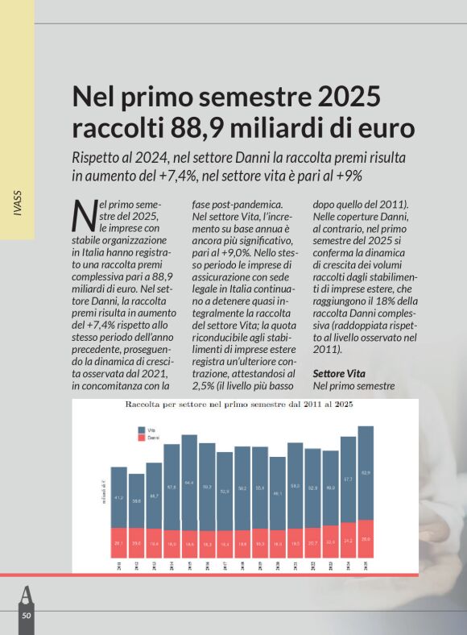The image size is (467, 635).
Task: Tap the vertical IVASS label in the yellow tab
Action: point(17,205)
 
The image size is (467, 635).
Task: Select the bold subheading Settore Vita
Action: point(339,374)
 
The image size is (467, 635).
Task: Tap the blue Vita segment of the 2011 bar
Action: point(119,497)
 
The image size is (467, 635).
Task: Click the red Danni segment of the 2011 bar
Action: point(119,542)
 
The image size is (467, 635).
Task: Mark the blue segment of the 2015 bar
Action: point(189,482)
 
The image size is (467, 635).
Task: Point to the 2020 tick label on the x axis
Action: point(278,566)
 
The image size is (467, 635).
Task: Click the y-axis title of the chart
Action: point(101,490)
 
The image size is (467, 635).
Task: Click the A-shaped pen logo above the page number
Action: point(26,594)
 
